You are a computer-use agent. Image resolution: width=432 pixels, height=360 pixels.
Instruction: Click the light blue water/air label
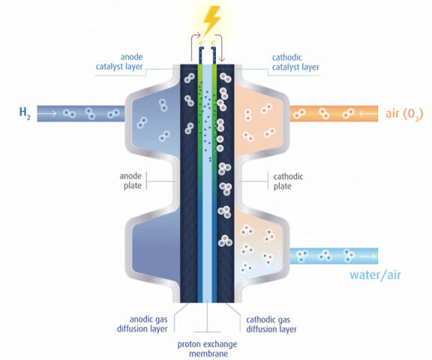(x=376, y=275)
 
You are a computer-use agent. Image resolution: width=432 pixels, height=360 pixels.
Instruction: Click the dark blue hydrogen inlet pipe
(x=82, y=113)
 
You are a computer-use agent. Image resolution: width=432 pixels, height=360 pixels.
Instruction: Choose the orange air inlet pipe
(x=330, y=113)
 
